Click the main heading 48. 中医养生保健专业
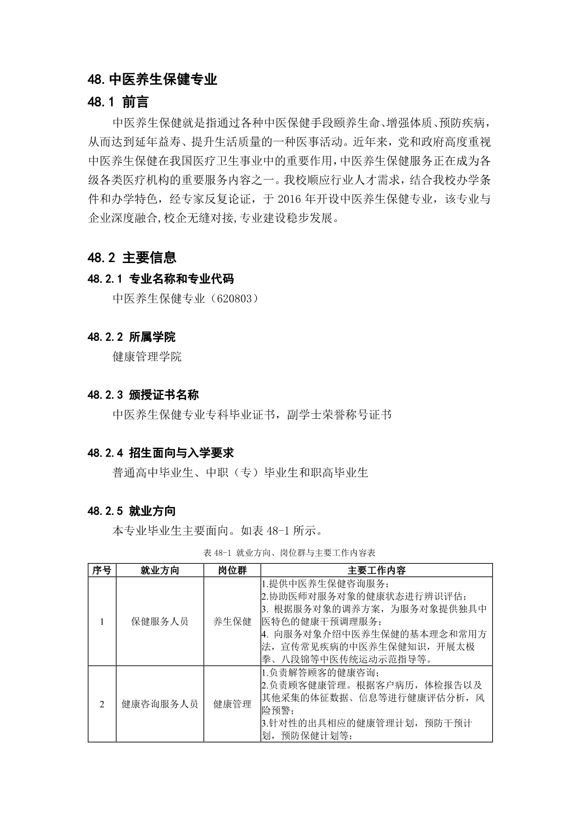[153, 79]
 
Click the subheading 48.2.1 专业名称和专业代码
[160, 279]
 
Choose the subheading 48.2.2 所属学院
[131, 337]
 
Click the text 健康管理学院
[147, 357]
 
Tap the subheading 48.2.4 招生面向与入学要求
[160, 453]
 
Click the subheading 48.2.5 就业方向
[131, 511]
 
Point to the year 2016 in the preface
[290, 200]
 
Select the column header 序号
[102, 570]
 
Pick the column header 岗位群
[232, 570]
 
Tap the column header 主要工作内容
[376, 570]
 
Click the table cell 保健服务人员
[160, 621]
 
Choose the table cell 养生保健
[232, 621]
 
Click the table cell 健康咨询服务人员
[160, 704]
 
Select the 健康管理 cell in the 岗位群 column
[232, 704]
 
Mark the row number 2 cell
[102, 704]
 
